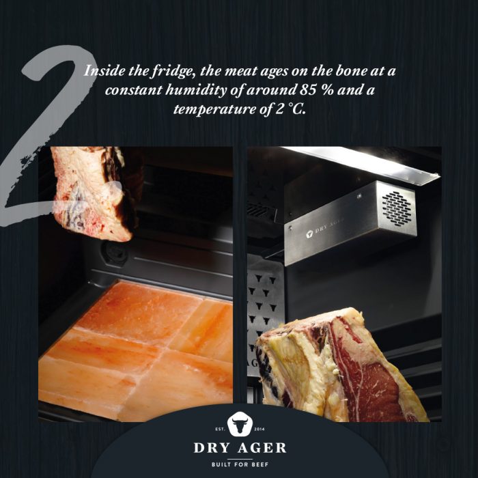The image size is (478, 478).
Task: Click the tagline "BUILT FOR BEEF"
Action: (239, 464)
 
